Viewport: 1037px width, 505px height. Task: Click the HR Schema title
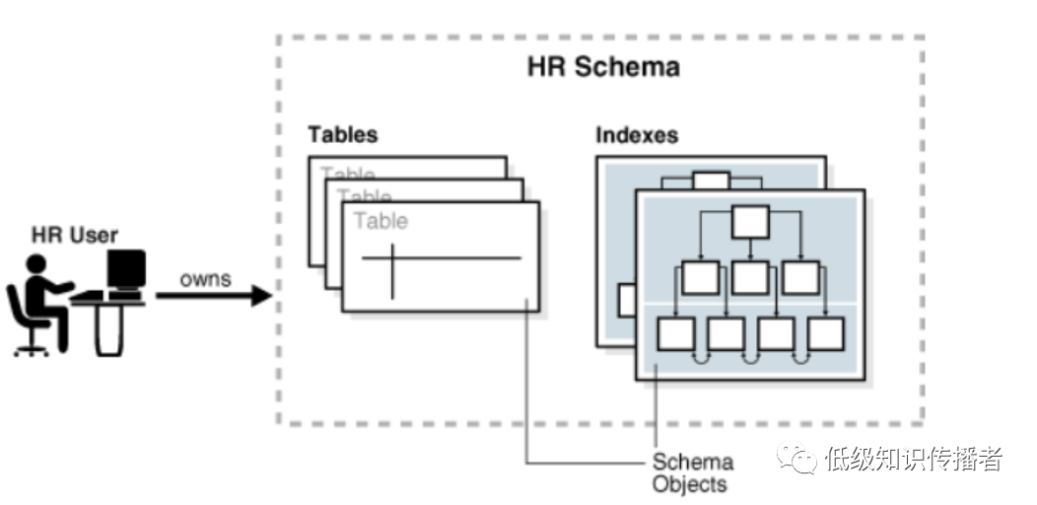pyautogui.click(x=603, y=67)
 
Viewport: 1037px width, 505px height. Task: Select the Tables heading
pyautogui.click(x=342, y=134)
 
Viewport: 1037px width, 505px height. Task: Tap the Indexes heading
pyautogui.click(x=636, y=134)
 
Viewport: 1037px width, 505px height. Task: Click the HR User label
pyautogui.click(x=75, y=235)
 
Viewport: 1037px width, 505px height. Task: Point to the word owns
pyautogui.click(x=205, y=279)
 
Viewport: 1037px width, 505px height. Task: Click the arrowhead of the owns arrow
pyautogui.click(x=261, y=294)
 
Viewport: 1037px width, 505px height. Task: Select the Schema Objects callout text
pyautogui.click(x=692, y=472)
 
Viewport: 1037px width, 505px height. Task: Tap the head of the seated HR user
pyautogui.click(x=36, y=264)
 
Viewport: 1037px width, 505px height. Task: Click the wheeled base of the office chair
pyautogui.click(x=33, y=347)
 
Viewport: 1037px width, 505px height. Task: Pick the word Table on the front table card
pyautogui.click(x=380, y=221)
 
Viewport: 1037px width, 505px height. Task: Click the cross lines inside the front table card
pyautogui.click(x=393, y=260)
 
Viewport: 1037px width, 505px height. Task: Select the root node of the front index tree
pyautogui.click(x=749, y=221)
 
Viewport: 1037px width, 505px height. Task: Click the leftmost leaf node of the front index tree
pyautogui.click(x=675, y=333)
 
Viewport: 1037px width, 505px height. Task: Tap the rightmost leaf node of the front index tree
pyautogui.click(x=825, y=333)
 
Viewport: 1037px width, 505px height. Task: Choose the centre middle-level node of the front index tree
pyautogui.click(x=750, y=277)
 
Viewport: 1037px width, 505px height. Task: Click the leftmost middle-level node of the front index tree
pyautogui.click(x=700, y=277)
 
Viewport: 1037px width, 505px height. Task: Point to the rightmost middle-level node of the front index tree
pyautogui.click(x=800, y=277)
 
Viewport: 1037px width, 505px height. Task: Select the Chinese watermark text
pyautogui.click(x=914, y=459)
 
